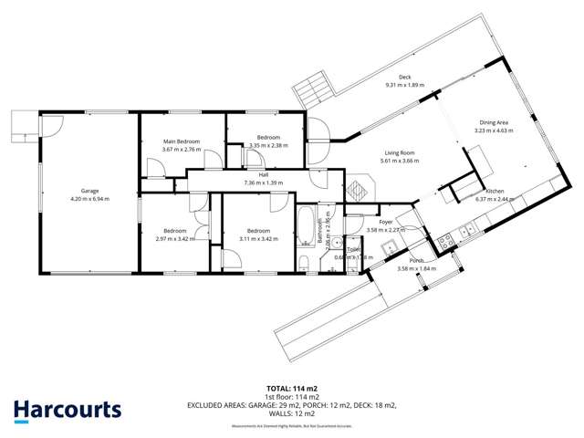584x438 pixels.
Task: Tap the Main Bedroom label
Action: (x=181, y=141)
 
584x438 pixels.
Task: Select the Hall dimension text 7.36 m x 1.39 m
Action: (x=263, y=182)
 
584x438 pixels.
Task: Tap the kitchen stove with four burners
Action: (x=447, y=241)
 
